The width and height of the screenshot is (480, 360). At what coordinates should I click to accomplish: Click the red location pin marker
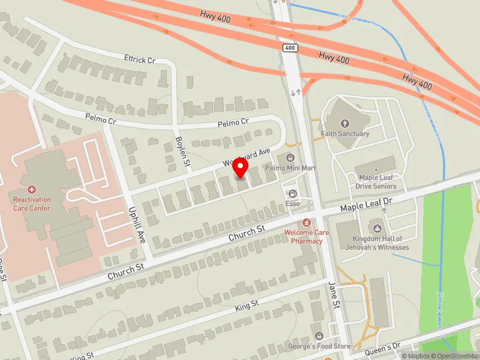pos(241,167)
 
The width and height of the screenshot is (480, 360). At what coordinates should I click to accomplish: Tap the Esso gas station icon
pos(293,193)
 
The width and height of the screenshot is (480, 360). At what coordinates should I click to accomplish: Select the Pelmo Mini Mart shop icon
pos(291,158)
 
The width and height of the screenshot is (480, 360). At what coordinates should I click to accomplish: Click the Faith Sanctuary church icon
pos(344,123)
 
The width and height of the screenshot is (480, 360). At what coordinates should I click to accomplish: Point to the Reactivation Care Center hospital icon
pos(32,189)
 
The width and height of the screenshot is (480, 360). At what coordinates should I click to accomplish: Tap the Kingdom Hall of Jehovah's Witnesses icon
pos(377,228)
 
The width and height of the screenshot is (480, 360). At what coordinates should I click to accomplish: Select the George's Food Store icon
pos(319,336)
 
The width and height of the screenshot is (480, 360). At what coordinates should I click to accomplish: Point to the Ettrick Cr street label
pos(139,59)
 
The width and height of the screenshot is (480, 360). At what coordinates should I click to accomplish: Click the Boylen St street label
pos(182,151)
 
